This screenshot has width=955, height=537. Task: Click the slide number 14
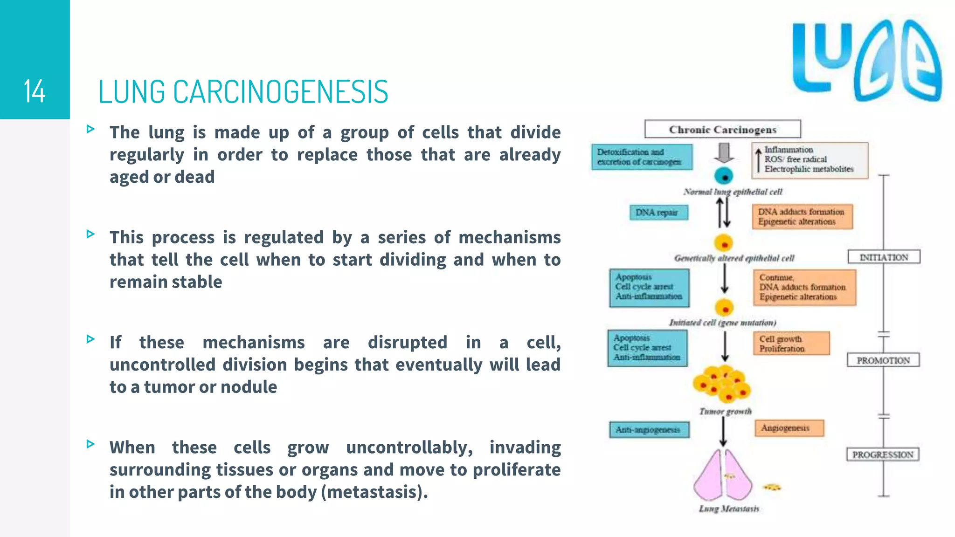(x=35, y=91)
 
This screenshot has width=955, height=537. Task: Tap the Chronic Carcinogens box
(x=722, y=129)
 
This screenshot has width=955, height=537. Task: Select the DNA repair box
(x=658, y=213)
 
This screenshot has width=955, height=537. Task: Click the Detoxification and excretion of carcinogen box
(x=642, y=157)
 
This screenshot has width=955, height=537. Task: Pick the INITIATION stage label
(x=883, y=257)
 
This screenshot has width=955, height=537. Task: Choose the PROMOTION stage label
(x=883, y=360)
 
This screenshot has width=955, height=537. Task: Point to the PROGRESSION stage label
(x=882, y=454)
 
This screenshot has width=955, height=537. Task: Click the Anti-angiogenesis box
(x=649, y=430)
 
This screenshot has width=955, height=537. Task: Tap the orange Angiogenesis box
(x=789, y=428)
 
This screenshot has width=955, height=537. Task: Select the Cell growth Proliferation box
(x=791, y=344)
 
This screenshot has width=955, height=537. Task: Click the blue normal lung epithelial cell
(x=724, y=177)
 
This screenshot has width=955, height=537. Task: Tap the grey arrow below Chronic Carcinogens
(x=724, y=153)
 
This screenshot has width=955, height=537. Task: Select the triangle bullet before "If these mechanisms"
(x=90, y=339)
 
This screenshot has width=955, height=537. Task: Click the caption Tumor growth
(x=725, y=411)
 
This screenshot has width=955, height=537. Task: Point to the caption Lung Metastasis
(x=728, y=509)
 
